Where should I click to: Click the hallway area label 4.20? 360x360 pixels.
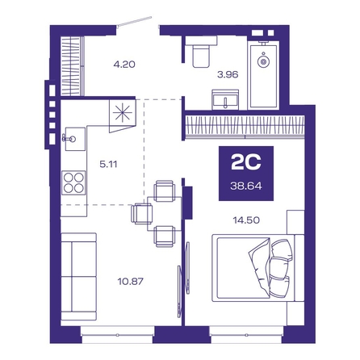tap(124, 65)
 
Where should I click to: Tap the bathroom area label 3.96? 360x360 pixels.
tap(228, 74)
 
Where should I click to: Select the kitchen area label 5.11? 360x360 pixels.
tap(108, 164)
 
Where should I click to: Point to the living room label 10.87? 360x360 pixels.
tap(131, 282)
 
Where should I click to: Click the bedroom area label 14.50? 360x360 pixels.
tap(246, 220)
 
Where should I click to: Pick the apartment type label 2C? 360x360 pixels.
tap(246, 162)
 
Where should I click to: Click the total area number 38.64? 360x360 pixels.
tap(246, 186)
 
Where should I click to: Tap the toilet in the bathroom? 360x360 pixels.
tap(201, 52)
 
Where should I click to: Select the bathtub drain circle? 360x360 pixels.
tap(263, 61)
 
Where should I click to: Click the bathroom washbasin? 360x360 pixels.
tap(225, 99)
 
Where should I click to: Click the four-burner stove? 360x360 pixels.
tap(73, 182)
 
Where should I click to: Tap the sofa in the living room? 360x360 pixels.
tap(79, 276)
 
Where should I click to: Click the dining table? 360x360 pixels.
tap(165, 214)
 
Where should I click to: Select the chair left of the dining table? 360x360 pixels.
tap(141, 214)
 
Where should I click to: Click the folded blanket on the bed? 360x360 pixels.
tap(259, 266)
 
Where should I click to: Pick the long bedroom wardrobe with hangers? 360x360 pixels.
tap(245, 127)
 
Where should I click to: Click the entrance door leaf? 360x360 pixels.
tap(135, 22)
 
